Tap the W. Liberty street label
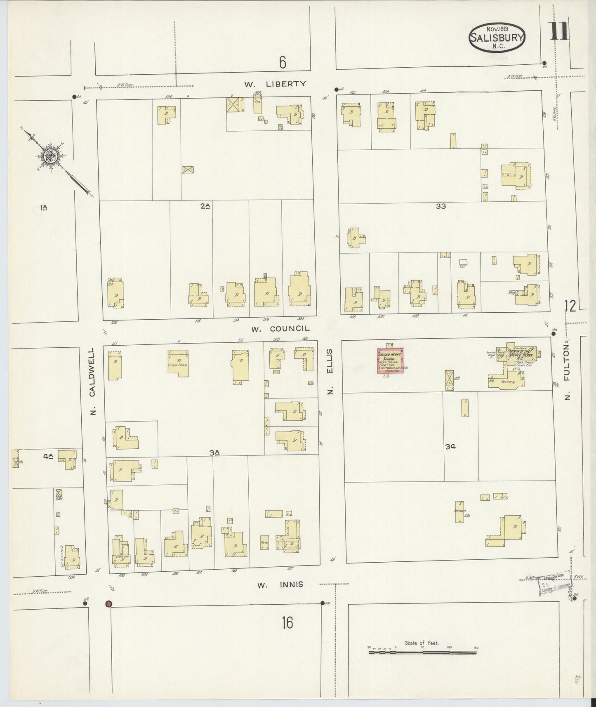point(275,84)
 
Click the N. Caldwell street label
point(92,381)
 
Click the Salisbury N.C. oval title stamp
point(497,38)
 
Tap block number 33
point(441,206)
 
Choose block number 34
point(450,446)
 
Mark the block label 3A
point(214,452)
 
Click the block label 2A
point(205,206)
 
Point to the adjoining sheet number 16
point(287,622)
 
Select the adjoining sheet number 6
point(283,62)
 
